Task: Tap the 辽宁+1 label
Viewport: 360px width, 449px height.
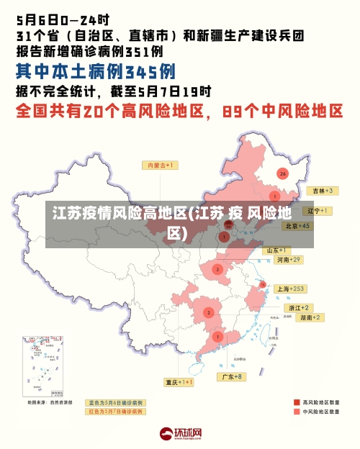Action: click(318, 211)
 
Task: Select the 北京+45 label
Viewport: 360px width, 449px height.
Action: click(297, 226)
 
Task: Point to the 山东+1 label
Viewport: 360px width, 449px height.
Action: click(276, 250)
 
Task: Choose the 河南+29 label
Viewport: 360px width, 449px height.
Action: click(288, 259)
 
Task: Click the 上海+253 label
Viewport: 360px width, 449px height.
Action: click(291, 289)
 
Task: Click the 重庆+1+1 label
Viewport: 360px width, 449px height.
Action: click(179, 382)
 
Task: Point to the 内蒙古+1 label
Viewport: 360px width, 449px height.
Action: click(162, 165)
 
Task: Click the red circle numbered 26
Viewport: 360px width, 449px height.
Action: click(282, 173)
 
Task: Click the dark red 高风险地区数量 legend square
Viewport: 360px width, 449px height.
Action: click(296, 402)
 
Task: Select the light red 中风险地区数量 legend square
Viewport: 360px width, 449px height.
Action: click(296, 412)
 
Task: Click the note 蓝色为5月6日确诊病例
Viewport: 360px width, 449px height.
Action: click(115, 402)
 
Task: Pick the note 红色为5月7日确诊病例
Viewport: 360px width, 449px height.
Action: click(115, 412)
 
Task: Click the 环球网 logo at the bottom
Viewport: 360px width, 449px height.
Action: click(180, 434)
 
